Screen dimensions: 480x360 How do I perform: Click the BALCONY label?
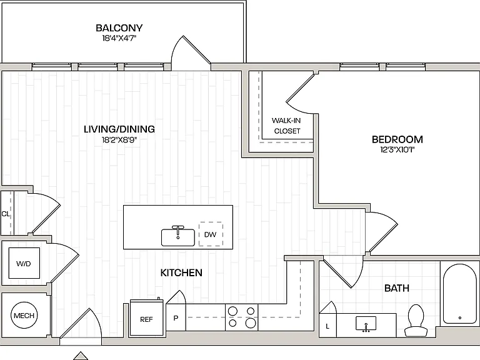point(119,28)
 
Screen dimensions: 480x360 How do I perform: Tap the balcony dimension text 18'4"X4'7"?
point(119,38)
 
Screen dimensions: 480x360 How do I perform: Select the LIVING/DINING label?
point(119,129)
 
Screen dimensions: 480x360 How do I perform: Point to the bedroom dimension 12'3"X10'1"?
point(397,150)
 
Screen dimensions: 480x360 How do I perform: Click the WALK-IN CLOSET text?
point(286,126)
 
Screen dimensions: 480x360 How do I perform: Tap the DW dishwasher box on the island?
point(211,234)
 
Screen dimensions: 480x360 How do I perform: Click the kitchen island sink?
point(178,236)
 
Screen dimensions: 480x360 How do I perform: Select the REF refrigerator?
point(146,318)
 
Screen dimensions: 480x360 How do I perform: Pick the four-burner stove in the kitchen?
point(241,317)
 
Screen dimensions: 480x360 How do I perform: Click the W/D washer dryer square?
point(24,263)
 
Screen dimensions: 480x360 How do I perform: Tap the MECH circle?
point(24,315)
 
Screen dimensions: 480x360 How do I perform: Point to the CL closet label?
point(6,214)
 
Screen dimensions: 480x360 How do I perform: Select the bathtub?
point(460,294)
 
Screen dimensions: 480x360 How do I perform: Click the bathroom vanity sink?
point(366,324)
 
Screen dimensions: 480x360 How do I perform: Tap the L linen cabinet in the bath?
point(327,325)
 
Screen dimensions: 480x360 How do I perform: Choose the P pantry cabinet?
point(176,317)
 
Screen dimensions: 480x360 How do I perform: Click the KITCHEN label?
point(181,272)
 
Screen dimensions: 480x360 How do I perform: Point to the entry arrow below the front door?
point(81,356)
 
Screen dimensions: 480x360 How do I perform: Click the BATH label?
point(397,288)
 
